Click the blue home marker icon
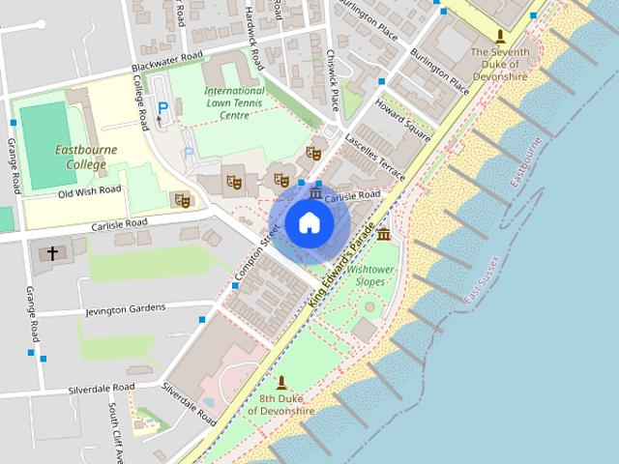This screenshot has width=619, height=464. [309, 221]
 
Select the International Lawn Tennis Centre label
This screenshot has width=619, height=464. [235, 102]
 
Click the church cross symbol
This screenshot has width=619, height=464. [51, 255]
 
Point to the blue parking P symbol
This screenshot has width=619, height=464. [163, 108]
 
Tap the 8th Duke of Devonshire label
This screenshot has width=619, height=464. [281, 404]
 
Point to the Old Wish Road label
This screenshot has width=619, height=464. [90, 190]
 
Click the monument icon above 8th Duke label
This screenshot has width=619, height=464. [281, 383]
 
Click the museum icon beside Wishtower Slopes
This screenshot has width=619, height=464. [384, 235]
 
